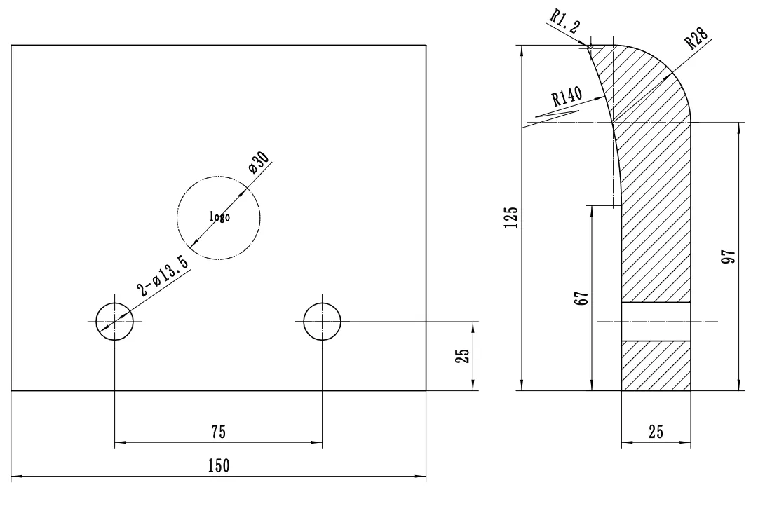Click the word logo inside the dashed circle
click(219, 217)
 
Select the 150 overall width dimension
click(219, 466)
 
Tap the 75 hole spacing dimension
click(219, 432)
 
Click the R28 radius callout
click(697, 38)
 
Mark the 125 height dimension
click(511, 217)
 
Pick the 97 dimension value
click(728, 256)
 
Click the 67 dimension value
click(581, 298)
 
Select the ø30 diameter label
click(259, 162)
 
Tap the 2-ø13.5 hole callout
click(163, 276)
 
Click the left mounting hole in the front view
click(114, 322)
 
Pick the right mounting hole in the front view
click(322, 322)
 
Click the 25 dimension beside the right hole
click(462, 356)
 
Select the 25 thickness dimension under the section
click(656, 432)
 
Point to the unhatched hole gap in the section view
click(656, 322)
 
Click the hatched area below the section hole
click(656, 365)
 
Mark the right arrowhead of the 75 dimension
click(316, 442)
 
